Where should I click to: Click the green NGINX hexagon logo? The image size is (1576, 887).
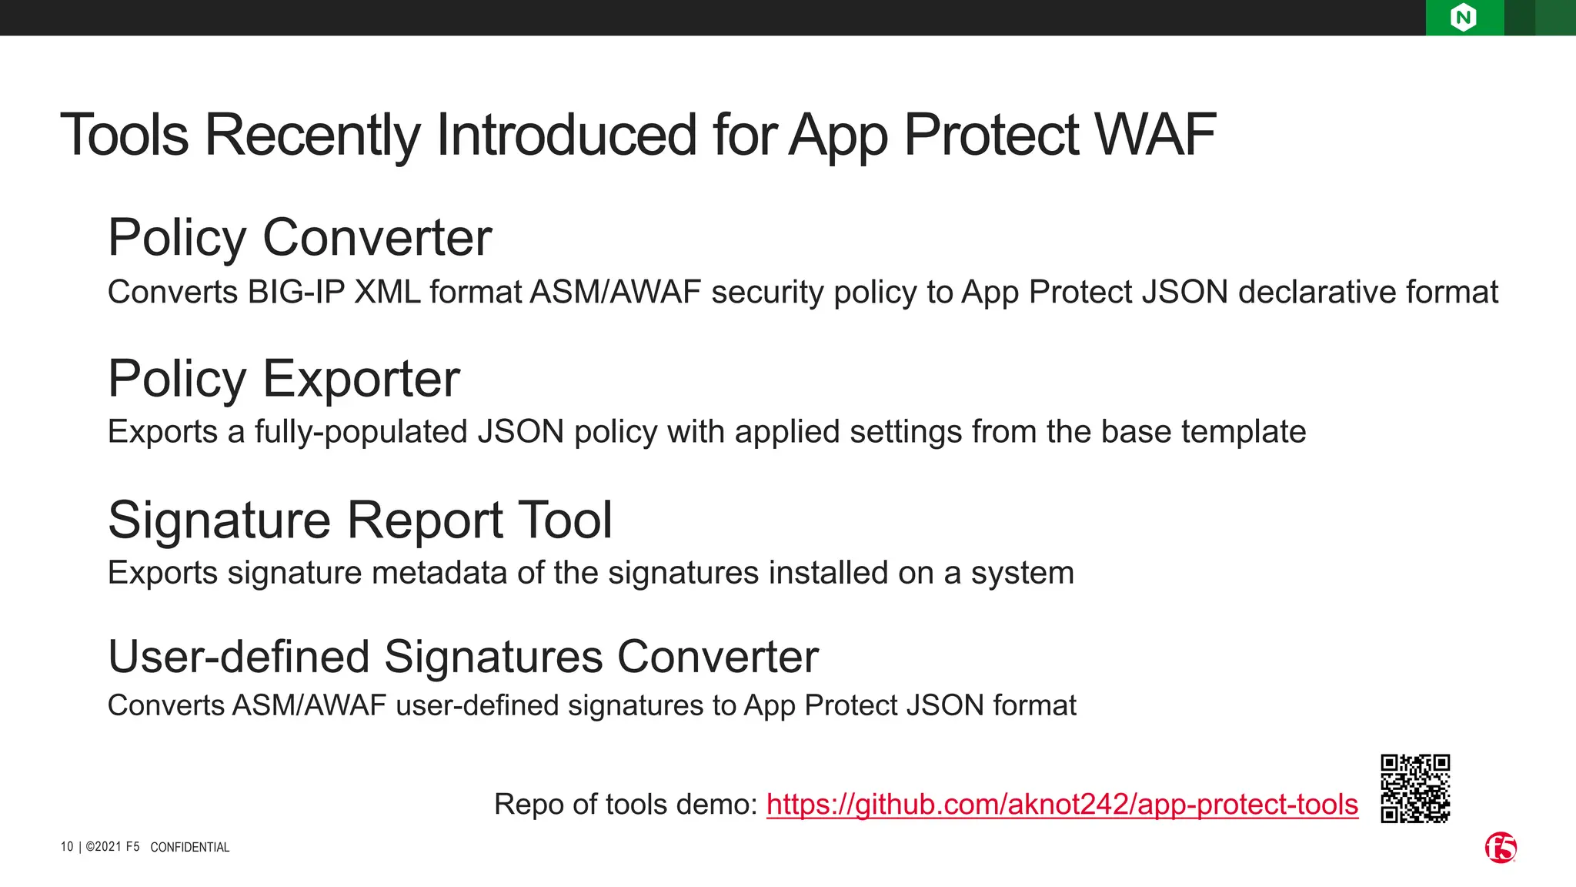(1463, 17)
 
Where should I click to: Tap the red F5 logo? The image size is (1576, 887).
(1501, 848)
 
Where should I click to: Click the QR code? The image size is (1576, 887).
(1415, 788)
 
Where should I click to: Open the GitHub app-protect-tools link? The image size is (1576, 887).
(1062, 804)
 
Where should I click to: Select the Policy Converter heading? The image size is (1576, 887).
(299, 237)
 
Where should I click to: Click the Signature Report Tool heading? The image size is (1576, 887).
(360, 520)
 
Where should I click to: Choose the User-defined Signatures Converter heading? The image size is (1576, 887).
(462, 657)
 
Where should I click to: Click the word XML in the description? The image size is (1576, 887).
(387, 293)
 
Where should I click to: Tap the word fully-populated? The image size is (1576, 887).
(361, 432)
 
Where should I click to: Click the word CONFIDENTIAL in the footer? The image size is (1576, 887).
(189, 847)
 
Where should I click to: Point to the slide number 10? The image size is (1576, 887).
(67, 847)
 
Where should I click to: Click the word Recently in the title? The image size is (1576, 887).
(312, 135)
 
